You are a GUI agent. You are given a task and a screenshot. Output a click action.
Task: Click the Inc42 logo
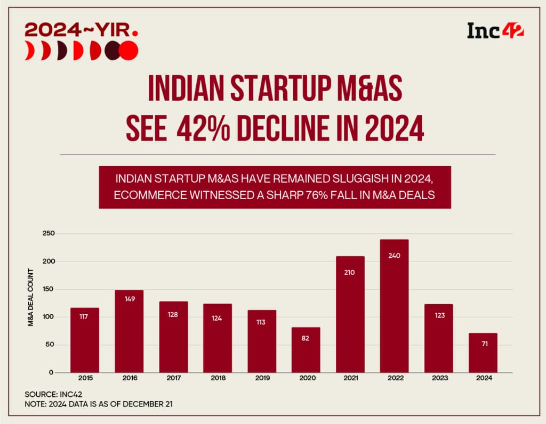point(495,30)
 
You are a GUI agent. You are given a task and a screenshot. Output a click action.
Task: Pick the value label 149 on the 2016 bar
point(130,299)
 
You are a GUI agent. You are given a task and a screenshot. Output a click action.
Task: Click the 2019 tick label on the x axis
point(262,378)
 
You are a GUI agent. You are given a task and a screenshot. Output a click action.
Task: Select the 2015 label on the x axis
point(85,378)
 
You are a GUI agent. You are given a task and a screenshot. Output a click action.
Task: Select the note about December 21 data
point(99,404)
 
